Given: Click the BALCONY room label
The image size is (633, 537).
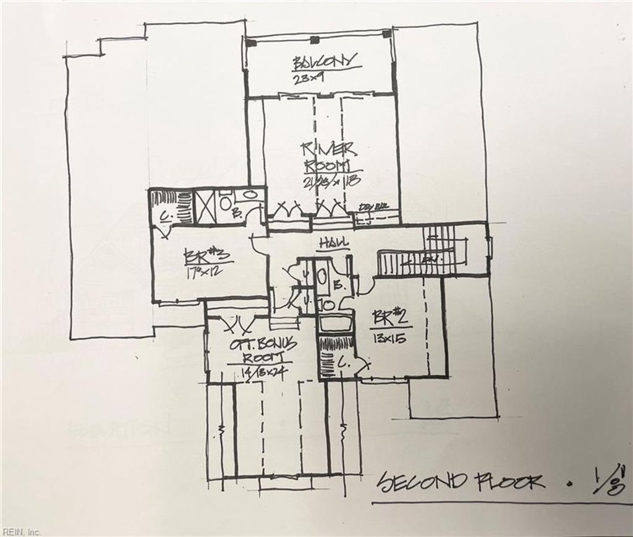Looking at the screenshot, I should click(324, 61).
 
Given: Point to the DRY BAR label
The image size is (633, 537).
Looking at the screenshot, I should click(373, 206).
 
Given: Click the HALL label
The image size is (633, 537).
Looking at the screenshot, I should click(333, 243).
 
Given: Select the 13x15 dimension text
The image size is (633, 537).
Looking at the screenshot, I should click(389, 338).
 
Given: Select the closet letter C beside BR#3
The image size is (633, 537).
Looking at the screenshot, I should click(164, 216).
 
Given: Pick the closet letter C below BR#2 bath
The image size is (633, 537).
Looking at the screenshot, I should click(340, 365).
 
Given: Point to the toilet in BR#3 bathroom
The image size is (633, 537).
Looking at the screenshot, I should click(226, 202).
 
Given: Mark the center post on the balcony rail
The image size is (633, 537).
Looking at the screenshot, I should click(315, 40).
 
